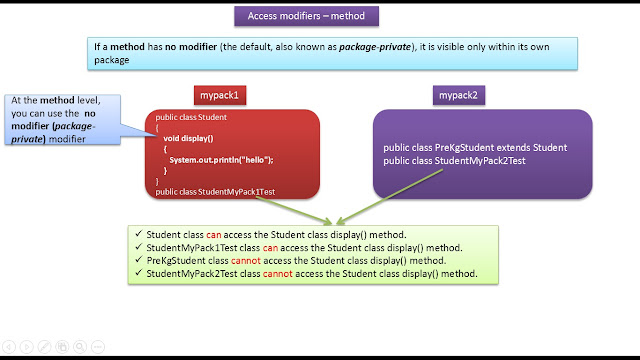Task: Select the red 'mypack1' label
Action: tap(219, 96)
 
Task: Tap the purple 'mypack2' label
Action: tap(456, 96)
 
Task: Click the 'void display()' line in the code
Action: tap(193, 137)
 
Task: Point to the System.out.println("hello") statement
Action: tap(221, 160)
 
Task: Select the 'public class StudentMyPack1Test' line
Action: tap(215, 190)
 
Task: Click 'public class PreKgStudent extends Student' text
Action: tap(475, 148)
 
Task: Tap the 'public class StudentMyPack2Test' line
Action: tap(455, 160)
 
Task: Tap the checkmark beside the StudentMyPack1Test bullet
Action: tap(138, 247)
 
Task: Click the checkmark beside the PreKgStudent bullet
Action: tap(138, 260)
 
